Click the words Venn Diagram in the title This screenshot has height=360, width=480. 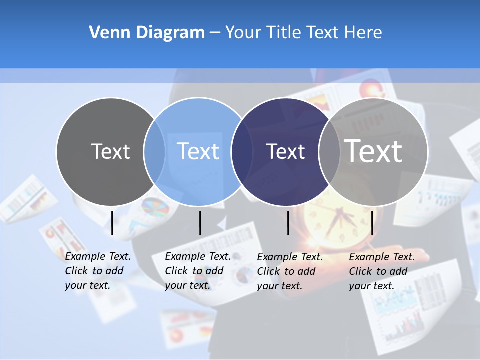[x=147, y=33]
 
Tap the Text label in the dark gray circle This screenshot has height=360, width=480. [x=110, y=151]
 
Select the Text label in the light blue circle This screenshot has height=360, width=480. [x=198, y=151]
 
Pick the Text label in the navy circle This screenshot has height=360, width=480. [x=285, y=151]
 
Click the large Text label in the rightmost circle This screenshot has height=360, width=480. [x=373, y=151]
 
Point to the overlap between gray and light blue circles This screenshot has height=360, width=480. [x=154, y=152]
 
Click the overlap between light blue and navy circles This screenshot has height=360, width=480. [x=242, y=152]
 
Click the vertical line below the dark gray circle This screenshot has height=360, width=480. [x=112, y=223]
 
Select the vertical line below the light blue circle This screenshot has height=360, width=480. [x=200, y=223]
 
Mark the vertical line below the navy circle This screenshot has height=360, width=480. [x=288, y=223]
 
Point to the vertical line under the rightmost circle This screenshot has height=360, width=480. [x=372, y=223]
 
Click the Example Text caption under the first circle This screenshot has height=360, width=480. [x=97, y=271]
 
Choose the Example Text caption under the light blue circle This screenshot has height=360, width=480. [x=197, y=271]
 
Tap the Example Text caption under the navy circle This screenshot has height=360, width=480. [x=289, y=271]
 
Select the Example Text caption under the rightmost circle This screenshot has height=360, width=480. [x=381, y=271]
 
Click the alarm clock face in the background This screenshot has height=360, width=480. [x=332, y=217]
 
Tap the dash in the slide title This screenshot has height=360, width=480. [x=215, y=33]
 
